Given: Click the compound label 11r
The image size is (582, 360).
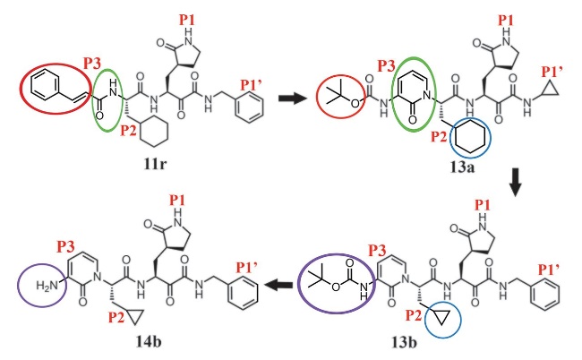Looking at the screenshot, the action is (x=155, y=164).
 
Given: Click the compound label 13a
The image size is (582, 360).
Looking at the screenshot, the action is (x=463, y=167).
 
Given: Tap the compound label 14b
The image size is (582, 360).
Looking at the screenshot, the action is (x=149, y=341).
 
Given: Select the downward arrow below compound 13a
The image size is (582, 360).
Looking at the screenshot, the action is (x=515, y=183).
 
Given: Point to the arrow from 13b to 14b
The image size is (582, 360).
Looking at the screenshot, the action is (x=278, y=286).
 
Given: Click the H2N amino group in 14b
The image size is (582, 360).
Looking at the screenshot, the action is (x=47, y=286).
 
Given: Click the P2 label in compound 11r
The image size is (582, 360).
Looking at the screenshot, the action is (x=128, y=131).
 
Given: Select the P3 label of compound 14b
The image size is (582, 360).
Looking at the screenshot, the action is (x=65, y=246).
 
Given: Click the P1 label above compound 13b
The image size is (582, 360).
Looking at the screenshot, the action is (x=483, y=205).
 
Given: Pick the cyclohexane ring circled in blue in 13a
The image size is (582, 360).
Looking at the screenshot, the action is (x=470, y=137).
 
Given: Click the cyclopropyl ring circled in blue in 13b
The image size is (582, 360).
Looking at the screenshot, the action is (x=442, y=318).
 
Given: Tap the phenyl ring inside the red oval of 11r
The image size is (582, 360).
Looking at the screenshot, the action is (x=46, y=87).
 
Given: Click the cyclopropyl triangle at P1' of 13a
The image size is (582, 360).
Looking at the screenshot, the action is (x=550, y=90).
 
